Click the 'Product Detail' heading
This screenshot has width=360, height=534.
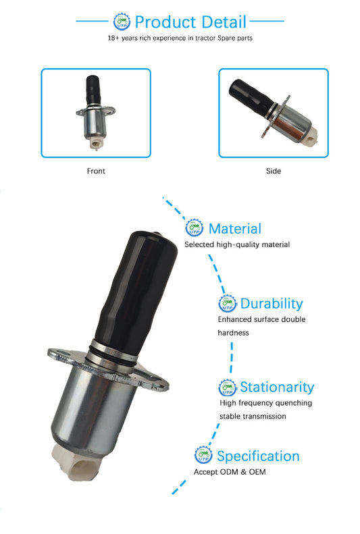pos(190,22)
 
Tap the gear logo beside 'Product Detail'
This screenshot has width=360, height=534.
pos(122,22)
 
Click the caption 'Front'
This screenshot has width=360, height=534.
pos(96,171)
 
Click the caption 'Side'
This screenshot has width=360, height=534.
pos(274,171)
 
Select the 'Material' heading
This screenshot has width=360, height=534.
pos(235,228)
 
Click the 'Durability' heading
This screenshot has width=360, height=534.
pos(272,304)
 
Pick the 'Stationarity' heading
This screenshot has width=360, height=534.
pos(277,388)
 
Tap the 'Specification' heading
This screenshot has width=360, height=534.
pos(258,456)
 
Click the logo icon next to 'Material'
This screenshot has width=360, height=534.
pos(194,228)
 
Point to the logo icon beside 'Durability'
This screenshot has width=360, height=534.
pos(228,303)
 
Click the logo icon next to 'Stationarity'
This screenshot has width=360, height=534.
pos(228,388)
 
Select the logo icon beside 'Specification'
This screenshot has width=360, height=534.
pos(203,454)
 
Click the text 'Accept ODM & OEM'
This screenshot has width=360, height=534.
pos(230,472)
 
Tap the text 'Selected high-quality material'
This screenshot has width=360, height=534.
pos(237,244)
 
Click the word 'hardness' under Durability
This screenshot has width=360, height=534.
pos(233,333)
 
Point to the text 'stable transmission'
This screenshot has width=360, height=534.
pos(253,416)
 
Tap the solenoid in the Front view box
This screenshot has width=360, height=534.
pos(95,112)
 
